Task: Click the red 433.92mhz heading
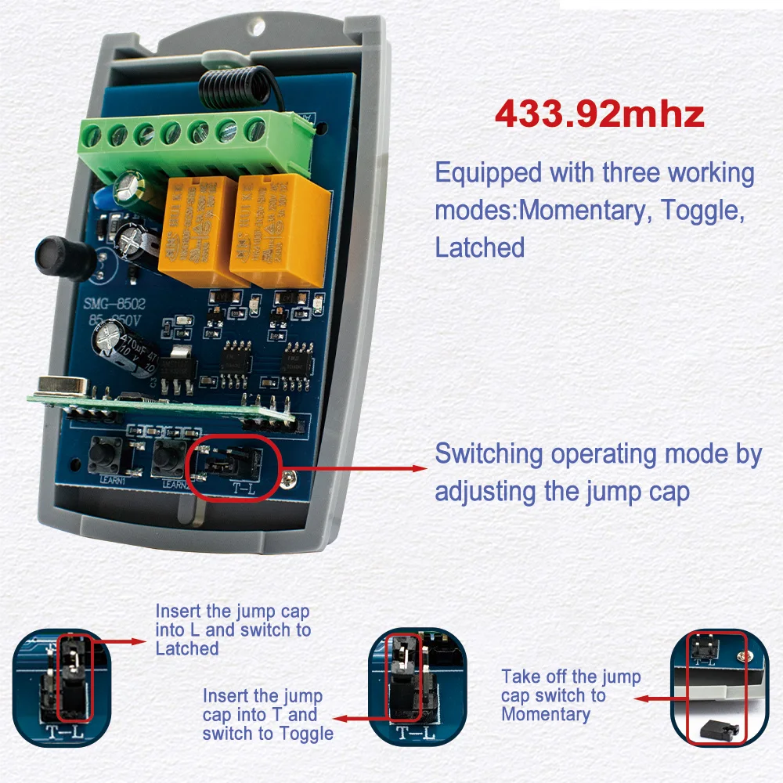click(x=599, y=114)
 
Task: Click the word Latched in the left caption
click(x=187, y=648)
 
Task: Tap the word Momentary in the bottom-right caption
click(x=545, y=714)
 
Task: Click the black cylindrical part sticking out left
click(x=58, y=254)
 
